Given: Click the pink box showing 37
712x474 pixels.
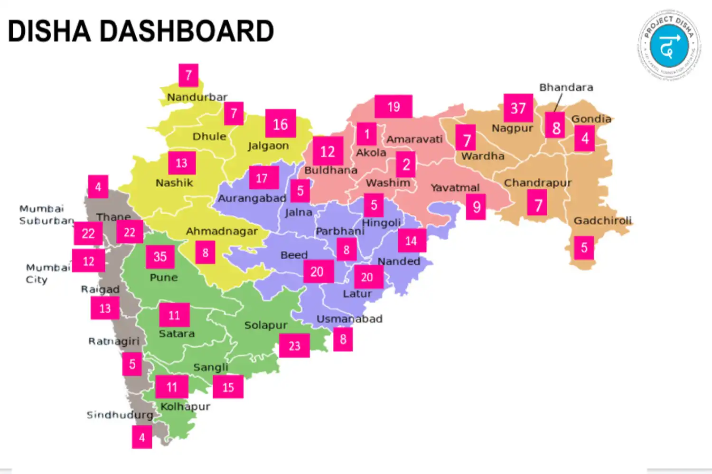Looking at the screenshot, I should pyautogui.click(x=518, y=108).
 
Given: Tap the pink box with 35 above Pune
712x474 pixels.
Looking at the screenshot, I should pyautogui.click(x=160, y=256).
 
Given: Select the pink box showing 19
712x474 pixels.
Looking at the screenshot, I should pyautogui.click(x=393, y=107).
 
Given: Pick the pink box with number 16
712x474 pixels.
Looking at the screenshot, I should pyautogui.click(x=281, y=124).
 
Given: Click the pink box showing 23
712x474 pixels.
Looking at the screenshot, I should pyautogui.click(x=294, y=346).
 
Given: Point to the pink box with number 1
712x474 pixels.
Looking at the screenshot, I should pyautogui.click(x=366, y=134).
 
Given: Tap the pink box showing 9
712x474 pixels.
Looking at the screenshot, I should pyautogui.click(x=476, y=207).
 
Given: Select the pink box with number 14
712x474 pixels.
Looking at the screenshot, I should pyautogui.click(x=411, y=241).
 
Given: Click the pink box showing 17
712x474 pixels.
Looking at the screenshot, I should pyautogui.click(x=262, y=178).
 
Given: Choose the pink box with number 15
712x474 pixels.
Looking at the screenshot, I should pyautogui.click(x=228, y=387).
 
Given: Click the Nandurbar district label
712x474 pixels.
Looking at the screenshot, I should pyautogui.click(x=197, y=97).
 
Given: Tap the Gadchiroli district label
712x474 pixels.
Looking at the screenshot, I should pyautogui.click(x=602, y=220).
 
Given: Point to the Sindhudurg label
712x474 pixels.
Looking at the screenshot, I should pyautogui.click(x=120, y=415).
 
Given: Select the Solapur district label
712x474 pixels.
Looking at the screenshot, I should pyautogui.click(x=266, y=325).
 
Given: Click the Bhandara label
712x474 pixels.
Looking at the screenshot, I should pyautogui.click(x=566, y=87).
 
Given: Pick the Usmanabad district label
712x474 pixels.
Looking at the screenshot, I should pyautogui.click(x=349, y=319).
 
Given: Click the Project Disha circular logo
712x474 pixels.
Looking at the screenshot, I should pyautogui.click(x=669, y=45).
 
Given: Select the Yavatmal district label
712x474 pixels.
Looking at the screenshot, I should pyautogui.click(x=455, y=188).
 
